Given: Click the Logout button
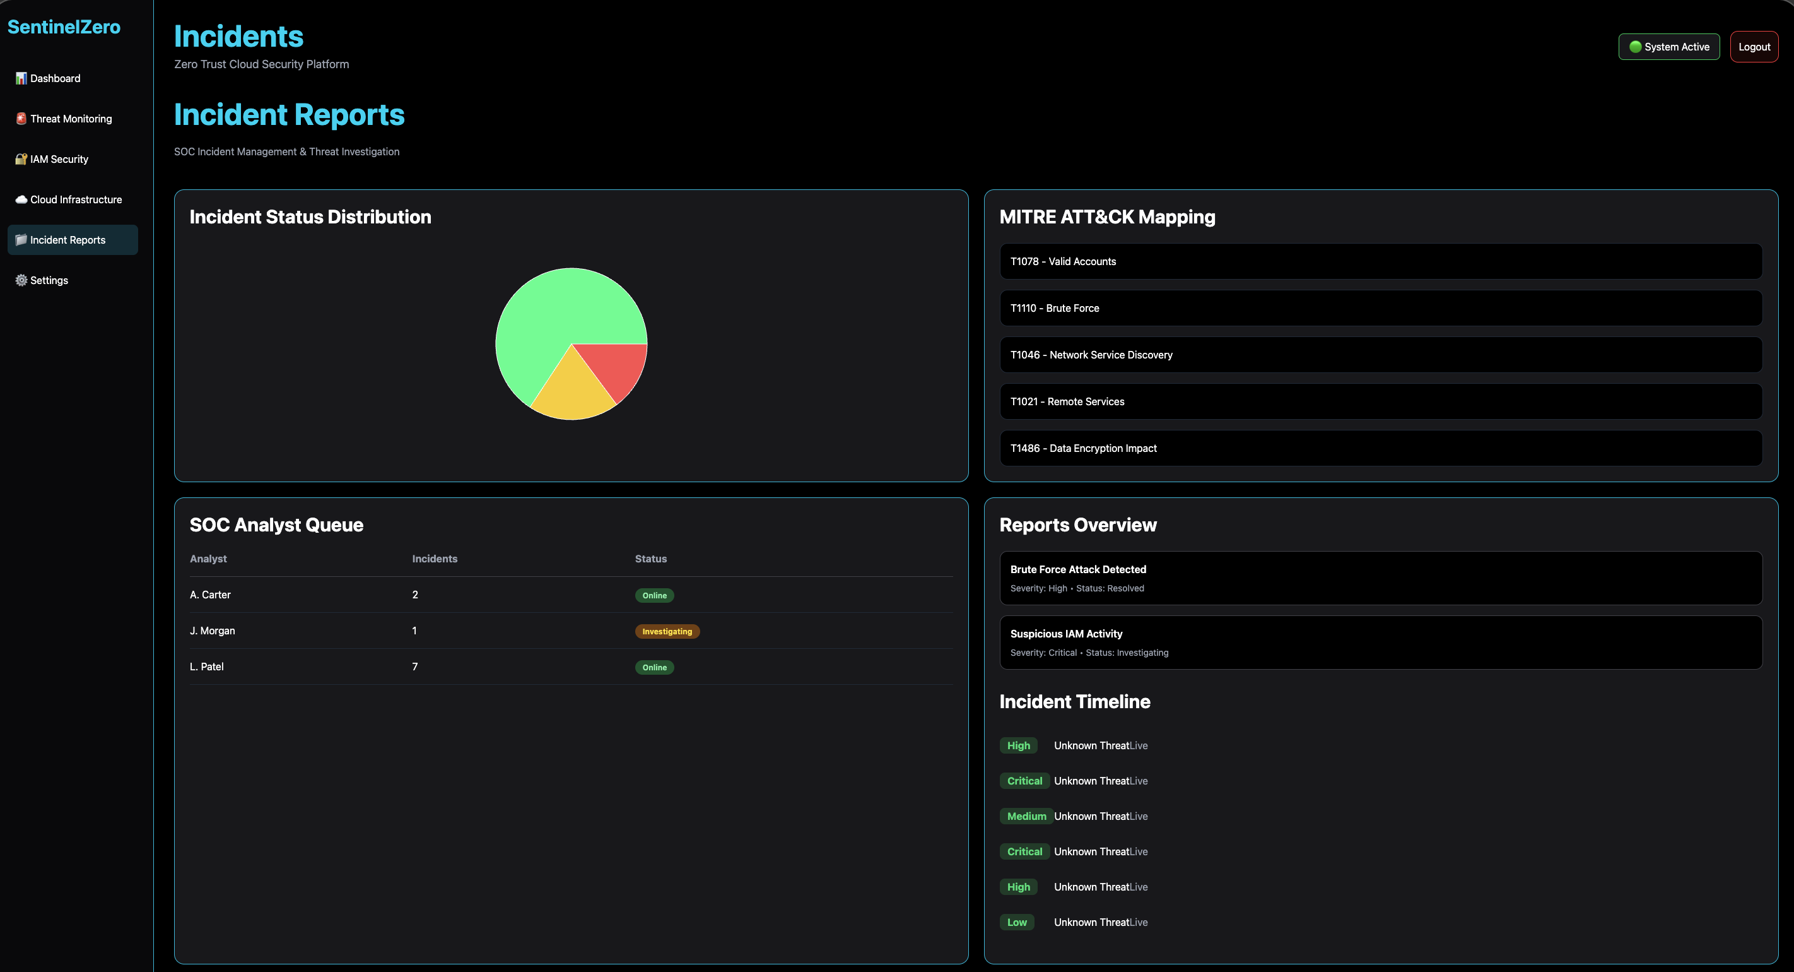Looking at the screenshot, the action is tap(1754, 47).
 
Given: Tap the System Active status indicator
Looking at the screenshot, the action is tap(1668, 47).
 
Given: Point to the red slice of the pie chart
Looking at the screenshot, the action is tap(616, 366).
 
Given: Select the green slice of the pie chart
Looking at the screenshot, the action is tap(550, 314).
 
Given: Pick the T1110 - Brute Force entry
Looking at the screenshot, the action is tap(1380, 308).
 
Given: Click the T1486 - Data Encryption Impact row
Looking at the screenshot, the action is tap(1380, 448).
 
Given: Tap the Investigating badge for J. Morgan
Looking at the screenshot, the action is tap(667, 631).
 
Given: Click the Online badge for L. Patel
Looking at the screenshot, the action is tap(654, 668).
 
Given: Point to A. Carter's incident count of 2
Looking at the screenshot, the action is tap(415, 595).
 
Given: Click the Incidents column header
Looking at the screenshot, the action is tap(435, 559).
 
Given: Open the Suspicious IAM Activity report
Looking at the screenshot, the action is tap(1380, 643).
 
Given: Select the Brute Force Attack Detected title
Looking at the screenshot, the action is tap(1077, 569).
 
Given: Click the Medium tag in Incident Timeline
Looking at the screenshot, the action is tap(1026, 816).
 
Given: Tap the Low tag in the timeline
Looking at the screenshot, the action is tap(1017, 922).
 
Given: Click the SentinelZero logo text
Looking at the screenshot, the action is tap(64, 27).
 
